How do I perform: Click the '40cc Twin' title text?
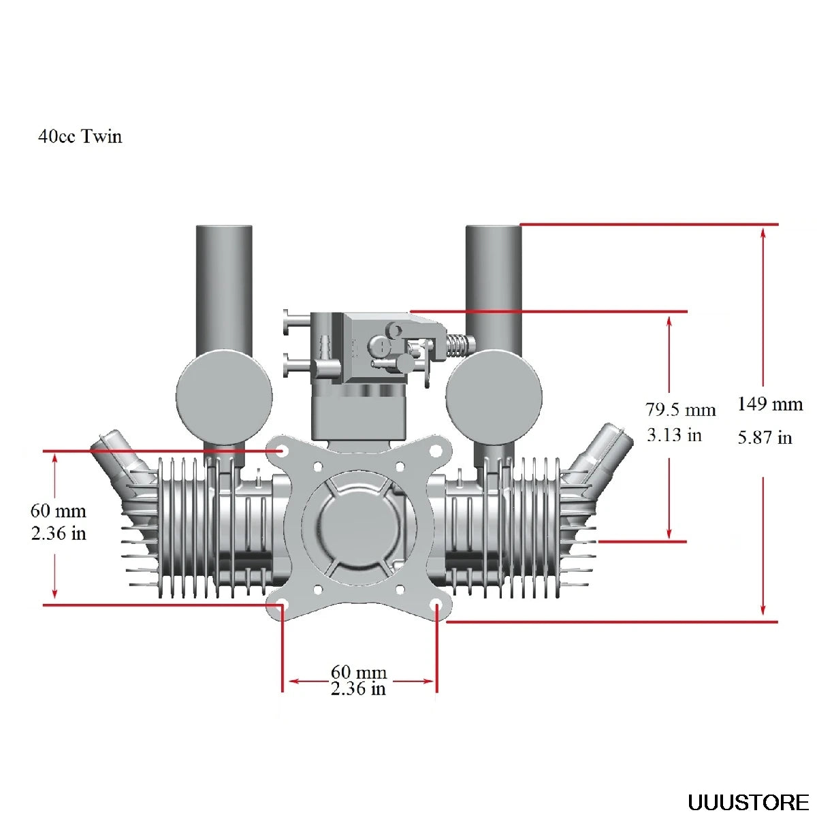(x=80, y=137)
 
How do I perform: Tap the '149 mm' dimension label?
(x=770, y=404)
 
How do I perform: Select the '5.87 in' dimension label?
(x=765, y=438)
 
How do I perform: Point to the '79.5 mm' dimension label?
(x=680, y=410)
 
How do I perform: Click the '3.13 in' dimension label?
(x=674, y=435)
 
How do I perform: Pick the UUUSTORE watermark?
(x=748, y=803)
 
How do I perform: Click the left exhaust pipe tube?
(x=224, y=286)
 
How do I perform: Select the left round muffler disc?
(x=224, y=397)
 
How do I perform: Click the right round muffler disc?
(x=494, y=397)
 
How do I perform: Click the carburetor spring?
(x=458, y=345)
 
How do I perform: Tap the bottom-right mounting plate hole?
(x=436, y=605)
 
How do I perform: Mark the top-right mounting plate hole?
(x=436, y=450)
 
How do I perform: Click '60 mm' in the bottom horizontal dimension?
(x=359, y=673)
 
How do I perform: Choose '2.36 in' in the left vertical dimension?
(x=59, y=533)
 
